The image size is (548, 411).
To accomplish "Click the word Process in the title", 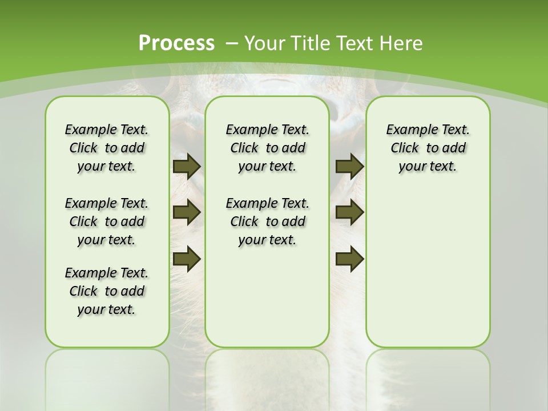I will tap(176, 43).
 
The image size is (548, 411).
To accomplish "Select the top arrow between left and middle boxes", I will tap(187, 166).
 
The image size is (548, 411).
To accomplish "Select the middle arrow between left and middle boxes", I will tap(187, 212).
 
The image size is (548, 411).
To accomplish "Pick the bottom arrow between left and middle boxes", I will tap(187, 258).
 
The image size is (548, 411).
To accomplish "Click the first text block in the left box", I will tap(107, 148).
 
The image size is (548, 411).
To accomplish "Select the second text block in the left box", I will tap(107, 221).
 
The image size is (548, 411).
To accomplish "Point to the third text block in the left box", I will tap(107, 291).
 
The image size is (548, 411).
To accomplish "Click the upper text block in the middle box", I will tap(267, 148).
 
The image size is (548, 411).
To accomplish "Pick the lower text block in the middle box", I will tap(267, 221).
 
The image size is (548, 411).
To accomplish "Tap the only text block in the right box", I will tap(428, 148).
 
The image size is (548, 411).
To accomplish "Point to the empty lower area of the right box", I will tap(428, 274).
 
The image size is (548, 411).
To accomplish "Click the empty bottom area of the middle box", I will tap(267, 303).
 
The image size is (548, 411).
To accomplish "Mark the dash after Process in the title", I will tap(232, 43).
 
